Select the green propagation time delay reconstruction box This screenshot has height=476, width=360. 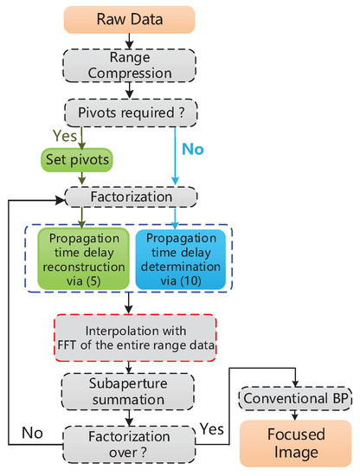[x=84, y=260]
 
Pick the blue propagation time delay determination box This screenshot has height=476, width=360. [x=178, y=260]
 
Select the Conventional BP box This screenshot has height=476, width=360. [x=295, y=398]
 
